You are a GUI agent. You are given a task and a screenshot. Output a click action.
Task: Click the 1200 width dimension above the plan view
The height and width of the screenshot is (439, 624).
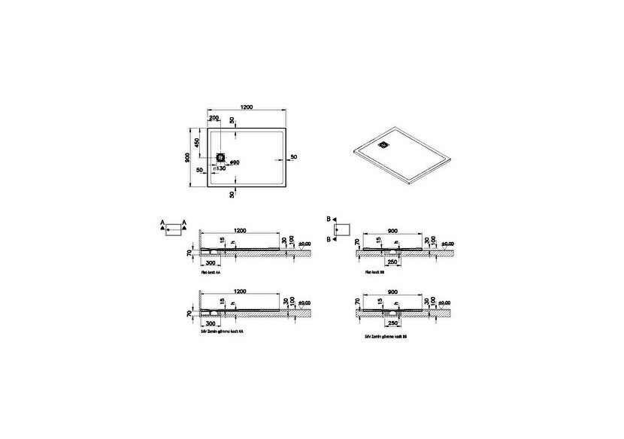pyautogui.click(x=246, y=108)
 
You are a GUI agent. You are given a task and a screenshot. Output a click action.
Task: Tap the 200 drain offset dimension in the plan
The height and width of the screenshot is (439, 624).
pyautogui.click(x=214, y=120)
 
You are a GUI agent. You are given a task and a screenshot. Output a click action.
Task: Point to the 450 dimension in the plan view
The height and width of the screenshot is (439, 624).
pyautogui.click(x=198, y=142)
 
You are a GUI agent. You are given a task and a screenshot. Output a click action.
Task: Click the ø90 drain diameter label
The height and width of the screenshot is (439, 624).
pyautogui.click(x=234, y=162)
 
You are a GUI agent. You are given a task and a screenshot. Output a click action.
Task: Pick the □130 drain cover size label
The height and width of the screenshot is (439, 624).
pyautogui.click(x=220, y=169)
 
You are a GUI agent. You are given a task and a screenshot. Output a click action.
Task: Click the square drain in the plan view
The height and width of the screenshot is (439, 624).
pyautogui.click(x=221, y=158)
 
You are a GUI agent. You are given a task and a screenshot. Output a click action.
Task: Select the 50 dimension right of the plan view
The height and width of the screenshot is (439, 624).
pyautogui.click(x=293, y=156)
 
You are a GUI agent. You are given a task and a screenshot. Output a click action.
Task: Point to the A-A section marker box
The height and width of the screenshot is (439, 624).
pyautogui.click(x=174, y=229)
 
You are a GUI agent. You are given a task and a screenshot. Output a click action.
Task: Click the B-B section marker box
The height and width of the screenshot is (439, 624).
pyautogui.click(x=343, y=228)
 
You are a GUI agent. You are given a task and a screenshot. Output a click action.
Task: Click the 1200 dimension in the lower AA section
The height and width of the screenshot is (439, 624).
pyautogui.click(x=241, y=291)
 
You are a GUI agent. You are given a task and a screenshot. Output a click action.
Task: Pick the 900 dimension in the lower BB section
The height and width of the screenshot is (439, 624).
pyautogui.click(x=392, y=291)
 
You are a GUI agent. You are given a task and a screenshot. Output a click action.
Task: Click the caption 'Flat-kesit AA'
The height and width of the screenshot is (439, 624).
pyautogui.click(x=212, y=277)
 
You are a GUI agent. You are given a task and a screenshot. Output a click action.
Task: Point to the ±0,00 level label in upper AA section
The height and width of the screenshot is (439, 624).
pyautogui.click(x=305, y=244)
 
